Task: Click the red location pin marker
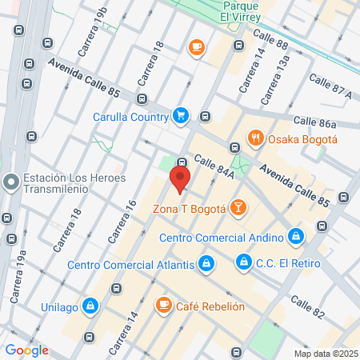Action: [181, 178]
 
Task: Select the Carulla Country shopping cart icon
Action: [181, 116]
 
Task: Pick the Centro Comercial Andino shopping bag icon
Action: [296, 237]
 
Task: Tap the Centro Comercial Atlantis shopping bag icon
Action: [206, 264]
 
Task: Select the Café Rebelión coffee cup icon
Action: [163, 305]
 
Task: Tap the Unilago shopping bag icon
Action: [91, 306]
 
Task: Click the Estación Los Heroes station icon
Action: [10, 183]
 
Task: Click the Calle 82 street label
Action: [308, 304]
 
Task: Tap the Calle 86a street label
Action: [314, 122]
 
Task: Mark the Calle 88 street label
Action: [270, 38]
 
